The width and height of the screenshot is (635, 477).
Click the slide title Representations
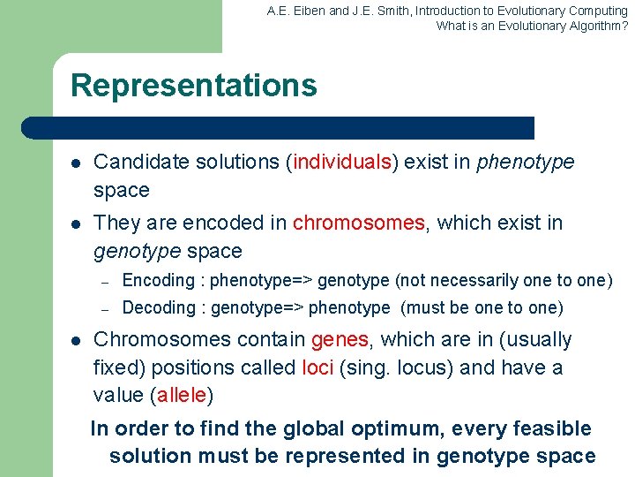pyautogui.click(x=193, y=86)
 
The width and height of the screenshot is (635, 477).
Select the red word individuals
pyautogui.click(x=344, y=163)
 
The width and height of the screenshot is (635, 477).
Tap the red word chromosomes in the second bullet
pyautogui.click(x=358, y=223)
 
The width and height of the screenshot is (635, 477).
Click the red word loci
pyautogui.click(x=317, y=367)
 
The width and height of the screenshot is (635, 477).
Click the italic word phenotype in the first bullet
pyautogui.click(x=525, y=163)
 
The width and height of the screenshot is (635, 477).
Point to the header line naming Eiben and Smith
pyautogui.click(x=447, y=11)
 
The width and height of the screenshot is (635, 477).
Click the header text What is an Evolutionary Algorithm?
pyautogui.click(x=532, y=26)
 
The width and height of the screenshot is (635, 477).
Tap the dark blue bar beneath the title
pyautogui.click(x=278, y=128)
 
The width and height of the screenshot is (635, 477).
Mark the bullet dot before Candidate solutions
pyautogui.click(x=76, y=163)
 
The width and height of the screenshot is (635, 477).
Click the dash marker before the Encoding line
pyautogui.click(x=104, y=282)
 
